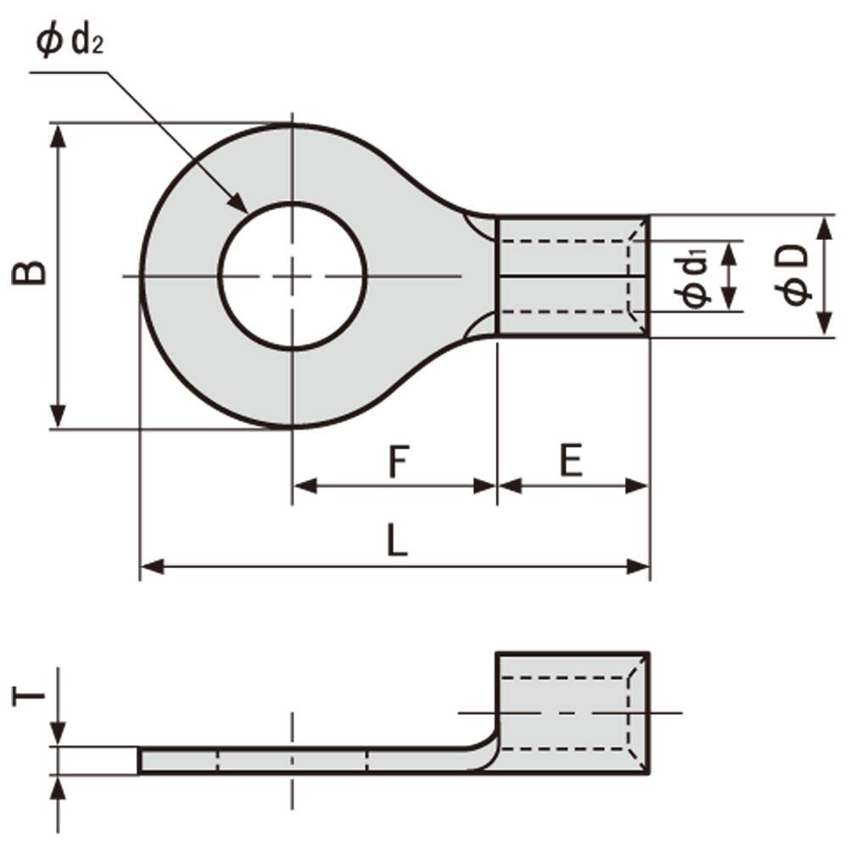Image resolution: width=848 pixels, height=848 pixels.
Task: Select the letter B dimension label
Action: (x=31, y=274)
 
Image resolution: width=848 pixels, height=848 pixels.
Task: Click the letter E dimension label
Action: (x=572, y=461)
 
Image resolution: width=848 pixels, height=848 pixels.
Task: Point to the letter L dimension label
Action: (x=396, y=540)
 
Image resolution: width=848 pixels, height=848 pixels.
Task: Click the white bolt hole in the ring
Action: (x=293, y=276)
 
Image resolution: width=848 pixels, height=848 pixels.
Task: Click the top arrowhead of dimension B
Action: (x=58, y=136)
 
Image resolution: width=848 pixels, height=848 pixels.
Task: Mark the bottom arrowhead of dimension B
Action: (x=58, y=417)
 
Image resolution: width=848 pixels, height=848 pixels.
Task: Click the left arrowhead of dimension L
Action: (x=151, y=566)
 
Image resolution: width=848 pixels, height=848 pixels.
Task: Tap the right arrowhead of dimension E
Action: (x=637, y=486)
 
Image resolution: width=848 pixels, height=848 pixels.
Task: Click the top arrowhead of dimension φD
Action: (x=823, y=227)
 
